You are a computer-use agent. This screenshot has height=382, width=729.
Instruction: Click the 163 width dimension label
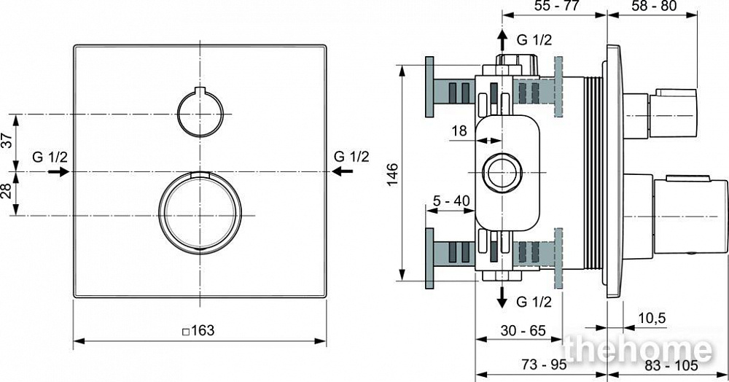click(198, 330)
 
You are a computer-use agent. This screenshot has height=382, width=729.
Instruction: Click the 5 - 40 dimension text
click(451, 200)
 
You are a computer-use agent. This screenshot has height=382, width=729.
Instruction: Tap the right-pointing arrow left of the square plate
click(58, 171)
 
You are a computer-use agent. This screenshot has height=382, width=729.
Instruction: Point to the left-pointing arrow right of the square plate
click(343, 171)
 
